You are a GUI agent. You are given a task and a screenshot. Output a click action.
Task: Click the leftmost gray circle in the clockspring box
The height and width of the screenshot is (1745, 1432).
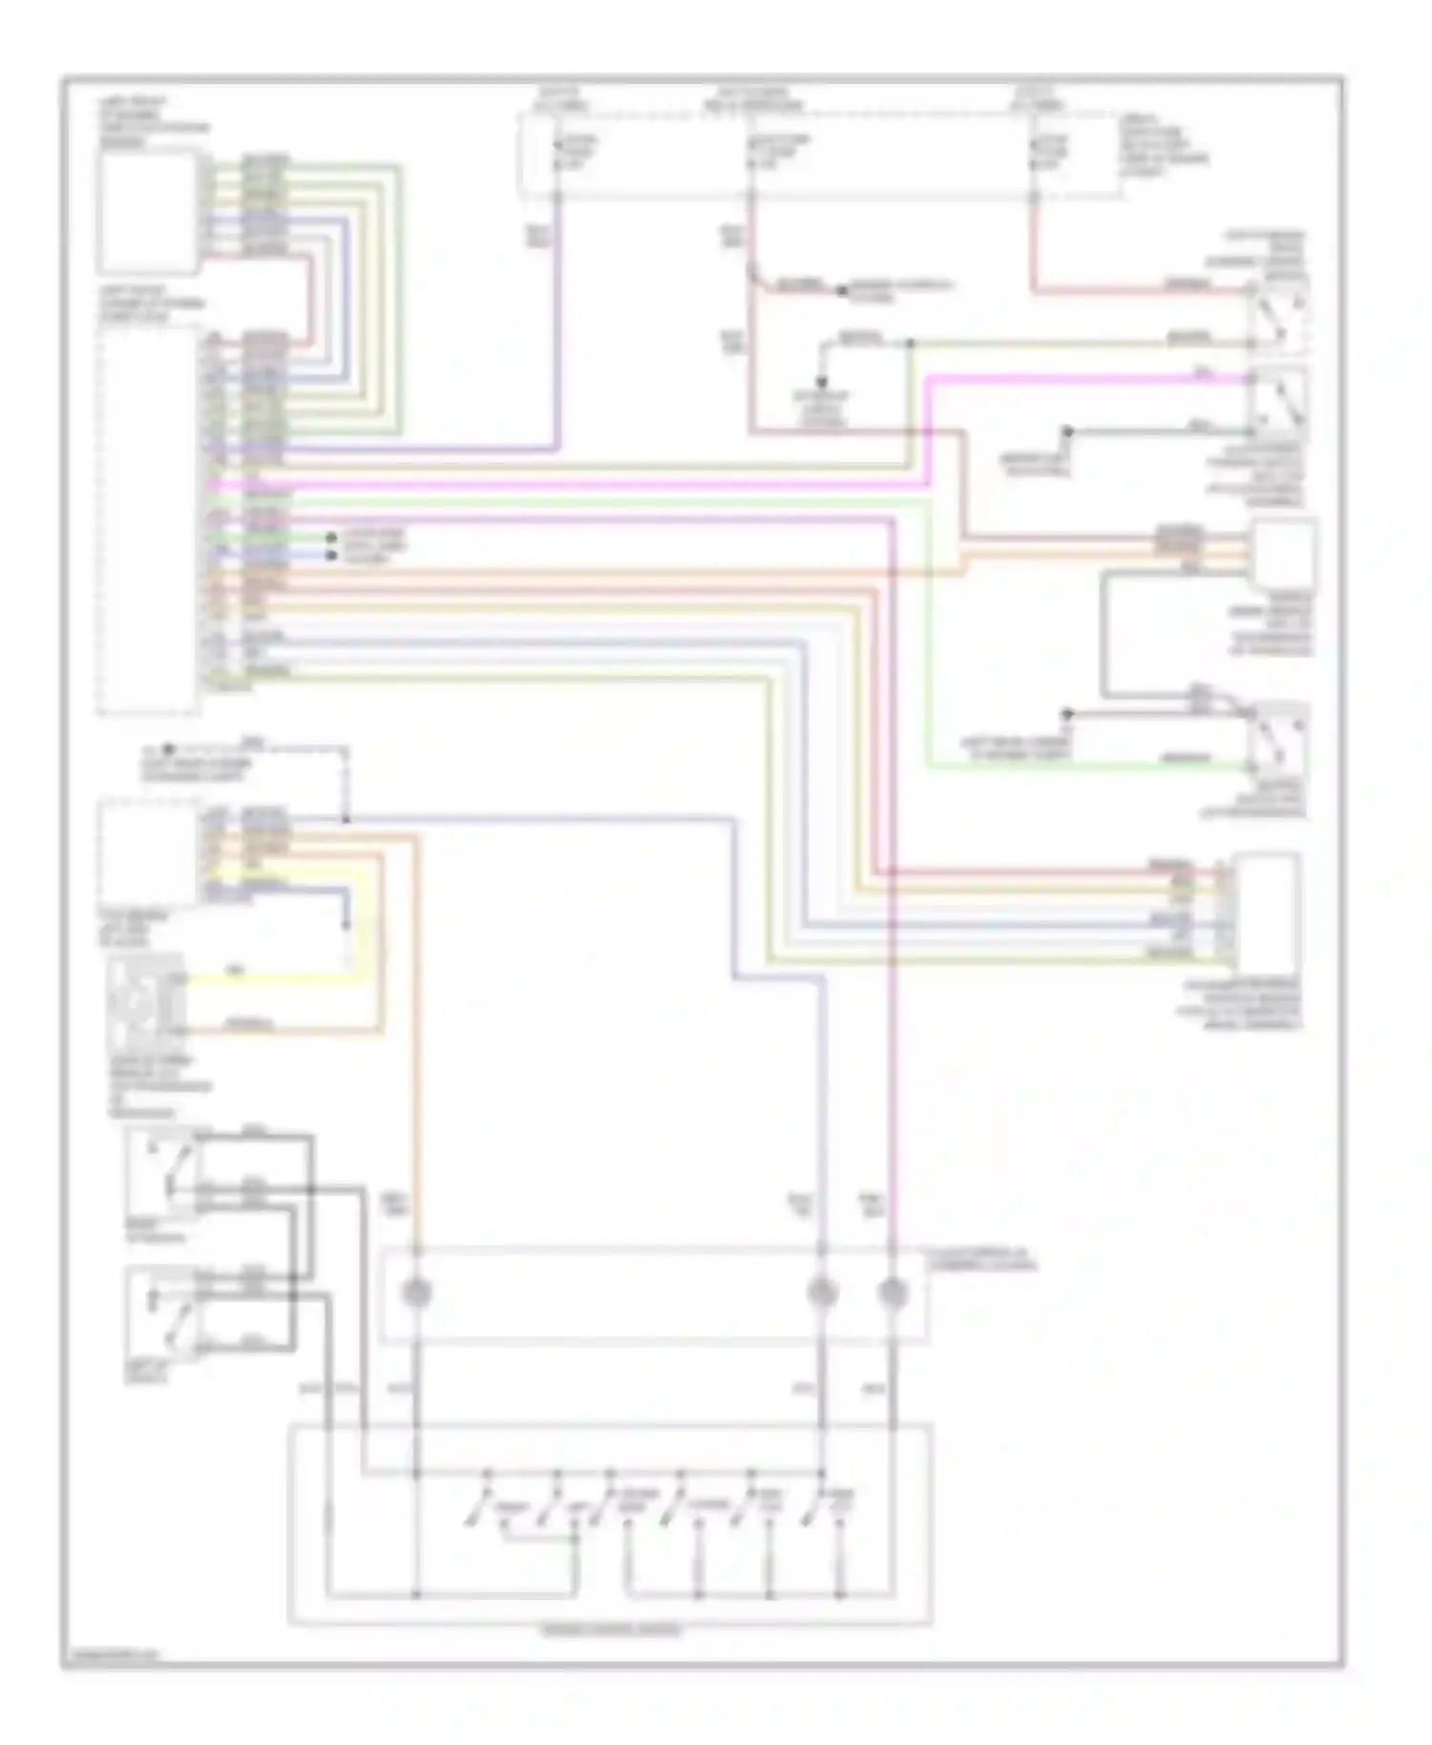click(x=416, y=1293)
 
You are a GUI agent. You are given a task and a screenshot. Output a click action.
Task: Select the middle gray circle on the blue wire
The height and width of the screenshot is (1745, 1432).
click(x=822, y=1293)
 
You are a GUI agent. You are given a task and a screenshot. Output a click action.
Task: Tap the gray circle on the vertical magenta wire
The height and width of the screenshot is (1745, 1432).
click(x=892, y=1293)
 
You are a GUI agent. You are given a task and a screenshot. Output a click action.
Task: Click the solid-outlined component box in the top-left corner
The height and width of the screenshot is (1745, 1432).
click(x=149, y=212)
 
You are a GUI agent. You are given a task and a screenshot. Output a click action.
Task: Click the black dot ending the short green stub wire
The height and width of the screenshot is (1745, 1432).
click(x=331, y=538)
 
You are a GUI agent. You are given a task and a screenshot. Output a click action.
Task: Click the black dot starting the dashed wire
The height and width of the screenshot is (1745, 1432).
click(x=168, y=749)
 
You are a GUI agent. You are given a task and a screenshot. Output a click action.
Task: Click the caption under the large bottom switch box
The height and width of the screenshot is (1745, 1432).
click(x=611, y=1629)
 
